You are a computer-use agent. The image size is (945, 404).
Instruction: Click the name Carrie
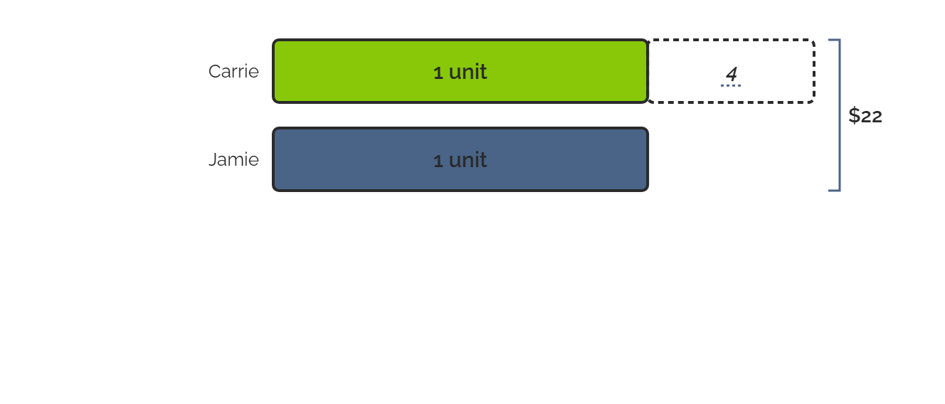tap(233, 71)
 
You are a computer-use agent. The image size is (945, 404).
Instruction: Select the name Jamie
tap(233, 159)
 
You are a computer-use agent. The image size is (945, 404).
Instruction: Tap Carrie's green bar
tap(460, 71)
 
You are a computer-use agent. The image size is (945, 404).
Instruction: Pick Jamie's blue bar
tap(460, 159)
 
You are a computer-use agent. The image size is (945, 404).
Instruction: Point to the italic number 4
tap(731, 74)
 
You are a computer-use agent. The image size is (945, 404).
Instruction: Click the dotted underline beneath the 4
tap(731, 85)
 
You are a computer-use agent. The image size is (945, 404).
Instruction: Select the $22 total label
tap(865, 115)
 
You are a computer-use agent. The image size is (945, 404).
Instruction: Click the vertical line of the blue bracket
tap(840, 115)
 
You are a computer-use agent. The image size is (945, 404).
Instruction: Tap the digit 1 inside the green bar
tap(438, 73)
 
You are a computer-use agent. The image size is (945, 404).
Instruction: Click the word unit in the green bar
tap(468, 72)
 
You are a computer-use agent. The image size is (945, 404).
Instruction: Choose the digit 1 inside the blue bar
tap(438, 161)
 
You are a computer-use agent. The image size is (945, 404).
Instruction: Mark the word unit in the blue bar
tap(468, 160)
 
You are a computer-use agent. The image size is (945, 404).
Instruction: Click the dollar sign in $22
tap(855, 115)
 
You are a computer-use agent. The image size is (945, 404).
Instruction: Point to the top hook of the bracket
tap(834, 40)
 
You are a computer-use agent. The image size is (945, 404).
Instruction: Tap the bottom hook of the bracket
tap(834, 191)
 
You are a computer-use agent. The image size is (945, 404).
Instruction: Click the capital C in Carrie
tap(216, 72)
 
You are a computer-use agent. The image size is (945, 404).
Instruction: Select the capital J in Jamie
tap(213, 160)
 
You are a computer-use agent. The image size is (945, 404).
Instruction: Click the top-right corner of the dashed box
tap(814, 40)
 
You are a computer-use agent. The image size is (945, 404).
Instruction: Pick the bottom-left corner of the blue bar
tap(274, 190)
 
